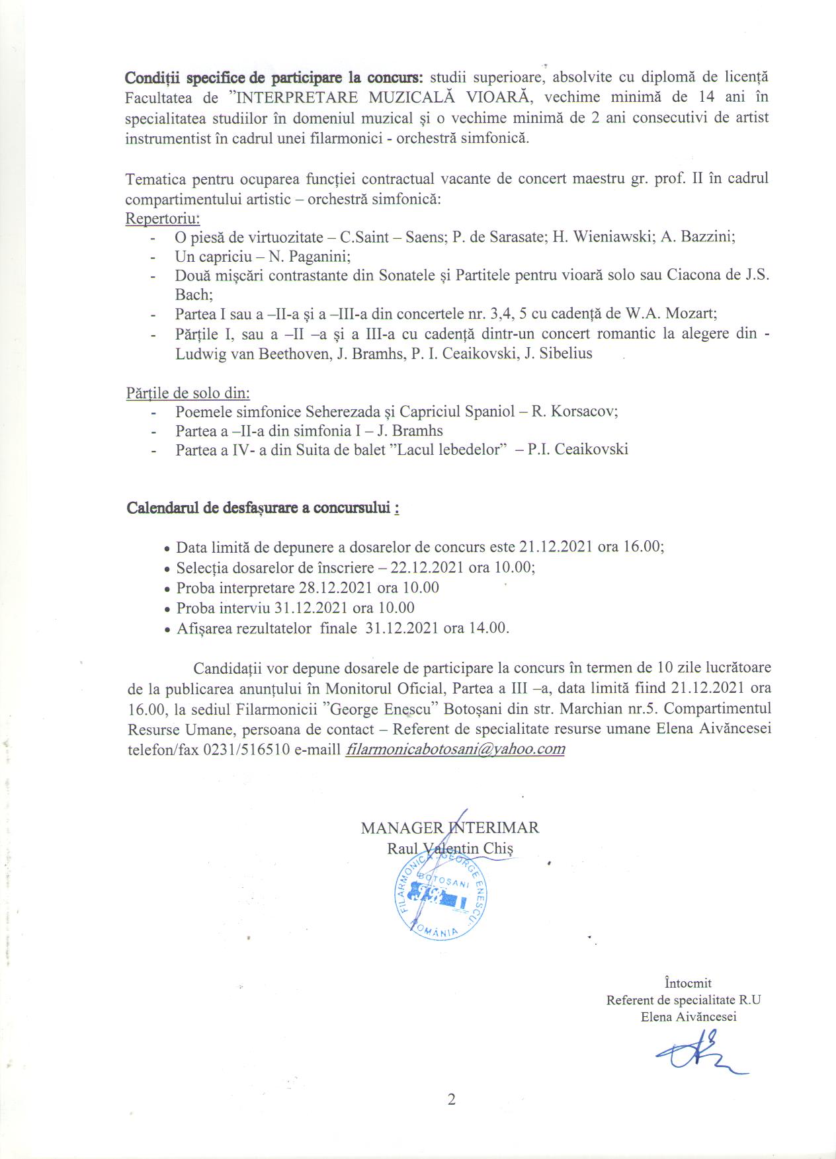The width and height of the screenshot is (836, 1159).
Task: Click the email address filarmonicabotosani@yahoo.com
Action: pyautogui.click(x=455, y=749)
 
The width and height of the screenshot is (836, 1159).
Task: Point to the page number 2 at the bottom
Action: pyautogui.click(x=451, y=1100)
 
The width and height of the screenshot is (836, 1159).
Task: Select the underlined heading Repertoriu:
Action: pyautogui.click(x=163, y=218)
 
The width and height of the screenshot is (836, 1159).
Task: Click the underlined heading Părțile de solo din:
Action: pyautogui.click(x=188, y=393)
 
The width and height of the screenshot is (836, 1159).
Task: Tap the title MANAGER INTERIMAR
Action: pyautogui.click(x=450, y=828)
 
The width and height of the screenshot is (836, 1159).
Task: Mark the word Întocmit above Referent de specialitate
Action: pyautogui.click(x=688, y=983)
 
